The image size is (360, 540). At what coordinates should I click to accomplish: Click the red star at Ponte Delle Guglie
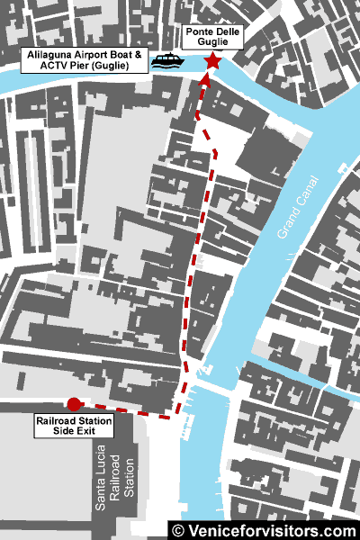click(x=212, y=60)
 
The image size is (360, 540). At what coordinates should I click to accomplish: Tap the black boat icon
click(x=166, y=61)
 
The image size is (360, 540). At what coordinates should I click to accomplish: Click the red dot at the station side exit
click(x=74, y=404)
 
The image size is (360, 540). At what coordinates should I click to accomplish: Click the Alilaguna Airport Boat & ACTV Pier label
click(x=85, y=61)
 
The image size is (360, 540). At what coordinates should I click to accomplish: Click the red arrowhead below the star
click(x=204, y=79)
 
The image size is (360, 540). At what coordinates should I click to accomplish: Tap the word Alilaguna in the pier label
click(x=45, y=56)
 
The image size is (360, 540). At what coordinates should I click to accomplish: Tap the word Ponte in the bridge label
click(x=197, y=31)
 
